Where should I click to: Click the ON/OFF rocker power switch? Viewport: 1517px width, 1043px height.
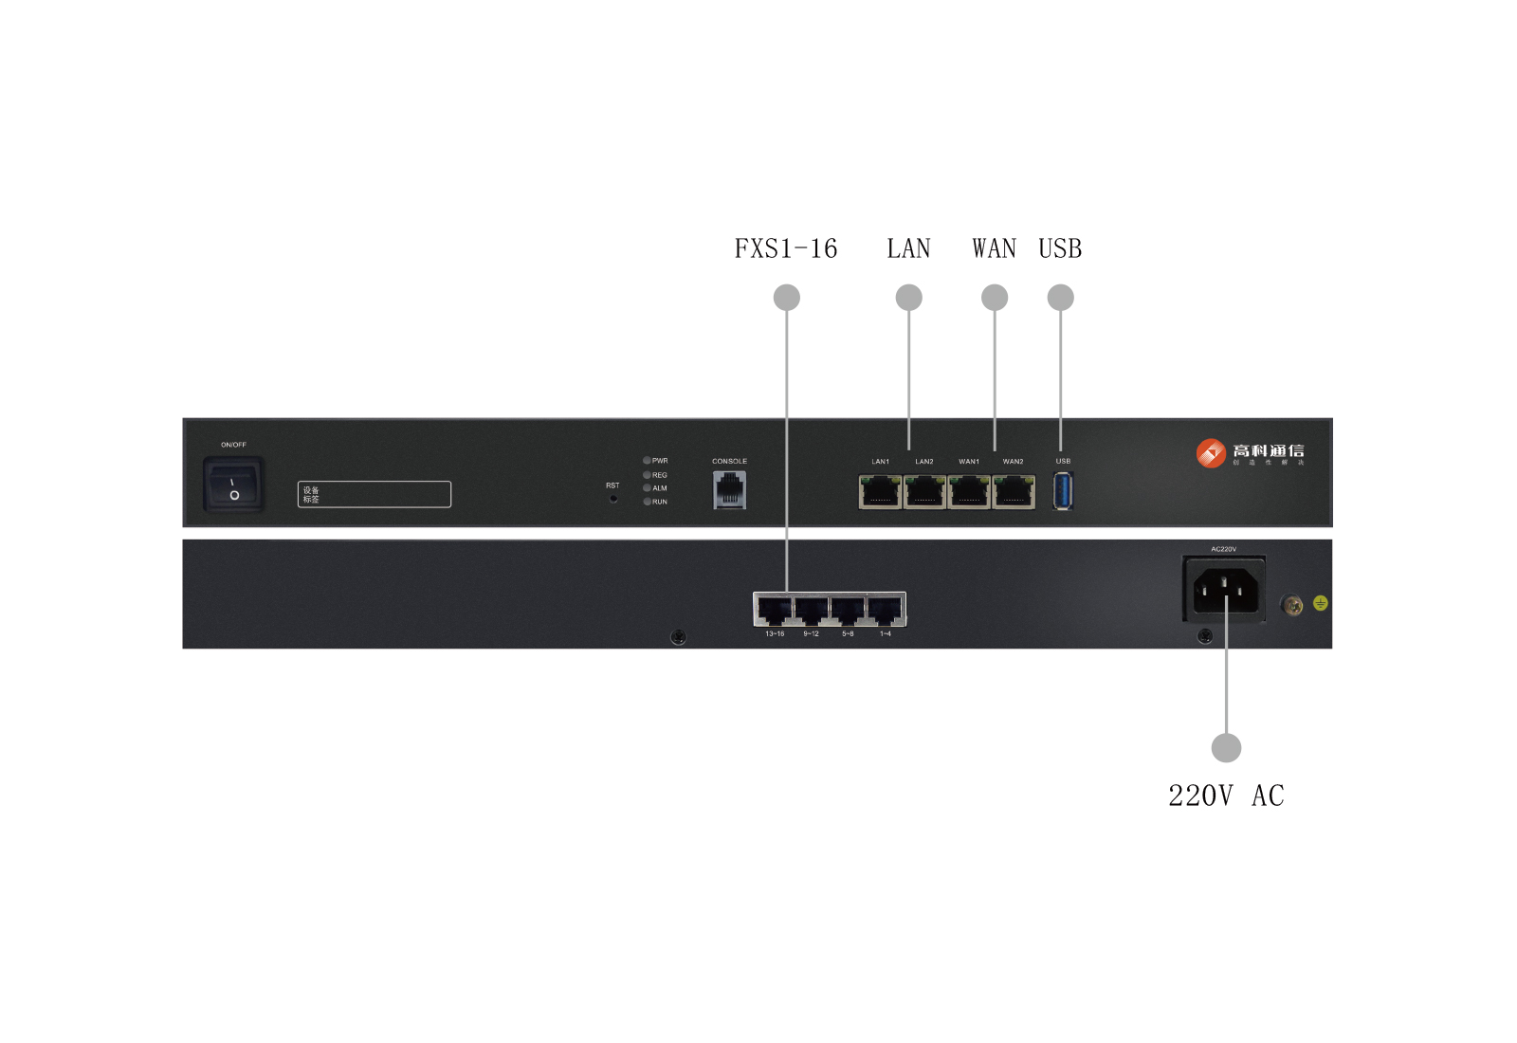(x=233, y=485)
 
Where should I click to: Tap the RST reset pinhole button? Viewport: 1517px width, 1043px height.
(x=613, y=498)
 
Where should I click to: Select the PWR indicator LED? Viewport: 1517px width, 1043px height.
(x=647, y=461)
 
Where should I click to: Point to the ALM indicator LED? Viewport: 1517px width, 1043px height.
(x=647, y=488)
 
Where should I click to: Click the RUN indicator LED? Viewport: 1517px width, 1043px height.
(x=647, y=502)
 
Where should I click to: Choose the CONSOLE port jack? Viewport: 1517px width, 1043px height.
(x=729, y=489)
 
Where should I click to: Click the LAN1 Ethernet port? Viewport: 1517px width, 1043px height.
(x=880, y=492)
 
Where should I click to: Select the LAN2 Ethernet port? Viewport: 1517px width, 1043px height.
(x=924, y=492)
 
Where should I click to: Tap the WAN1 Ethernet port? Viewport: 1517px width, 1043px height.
(x=969, y=492)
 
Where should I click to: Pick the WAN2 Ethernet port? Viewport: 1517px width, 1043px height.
(x=1014, y=492)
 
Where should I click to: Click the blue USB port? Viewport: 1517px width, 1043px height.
(x=1063, y=491)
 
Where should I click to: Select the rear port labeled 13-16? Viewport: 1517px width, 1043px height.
(x=775, y=611)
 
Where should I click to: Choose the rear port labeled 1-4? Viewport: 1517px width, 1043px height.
(x=886, y=611)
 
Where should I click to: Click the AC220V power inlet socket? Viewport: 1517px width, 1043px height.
(x=1225, y=591)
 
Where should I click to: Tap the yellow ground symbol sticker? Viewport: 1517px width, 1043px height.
(x=1320, y=603)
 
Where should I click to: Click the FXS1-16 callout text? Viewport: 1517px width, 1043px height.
(x=786, y=248)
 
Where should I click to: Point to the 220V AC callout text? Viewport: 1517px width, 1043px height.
(x=1226, y=796)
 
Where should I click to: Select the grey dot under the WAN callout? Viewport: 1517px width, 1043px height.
(x=995, y=298)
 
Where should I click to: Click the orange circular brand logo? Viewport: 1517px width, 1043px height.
(x=1211, y=453)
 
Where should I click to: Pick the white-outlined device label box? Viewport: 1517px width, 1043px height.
(x=375, y=494)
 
